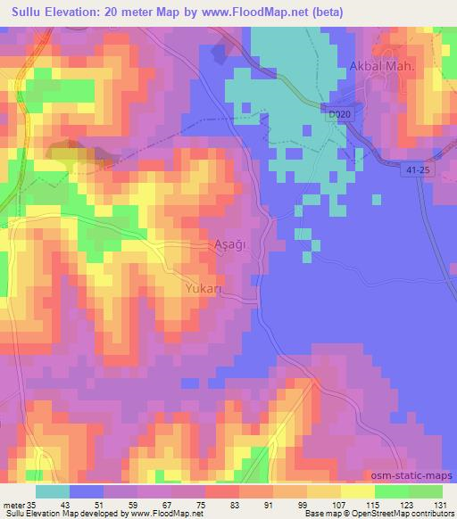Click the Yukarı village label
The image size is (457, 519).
coord(205,289)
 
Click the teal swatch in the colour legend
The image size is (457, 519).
coord(52,490)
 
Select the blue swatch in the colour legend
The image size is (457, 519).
coord(87,490)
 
